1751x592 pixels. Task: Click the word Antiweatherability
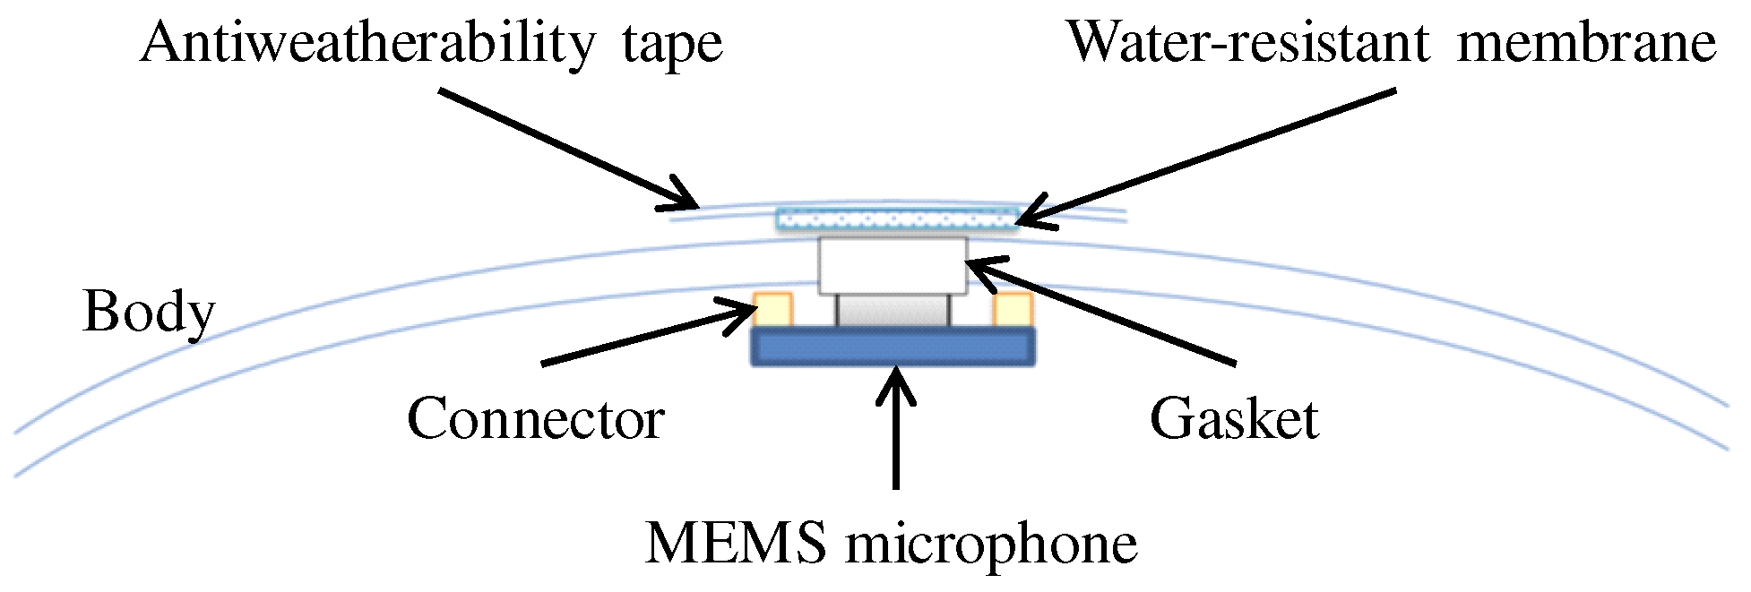367,43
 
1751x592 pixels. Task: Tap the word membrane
1586,42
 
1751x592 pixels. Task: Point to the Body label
149,313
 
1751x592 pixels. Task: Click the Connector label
535,419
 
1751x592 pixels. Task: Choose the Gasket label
1234,419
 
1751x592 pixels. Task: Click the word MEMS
736,543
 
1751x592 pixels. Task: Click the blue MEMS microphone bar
893,347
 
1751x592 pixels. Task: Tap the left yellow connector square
772,310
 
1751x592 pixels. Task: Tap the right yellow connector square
1013,310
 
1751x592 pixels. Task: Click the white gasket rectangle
893,265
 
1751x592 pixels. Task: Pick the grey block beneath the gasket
893,311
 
